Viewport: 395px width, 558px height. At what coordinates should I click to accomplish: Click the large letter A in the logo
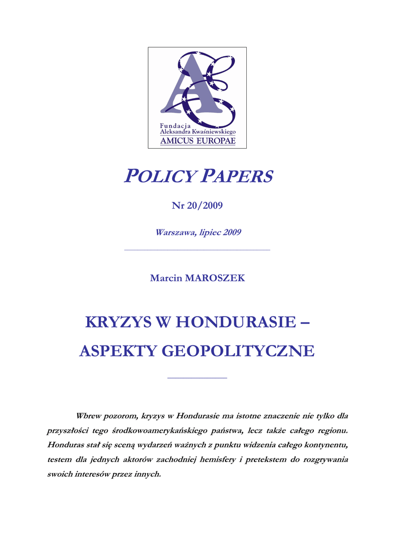(x=188, y=87)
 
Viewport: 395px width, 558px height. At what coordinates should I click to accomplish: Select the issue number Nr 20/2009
(x=197, y=205)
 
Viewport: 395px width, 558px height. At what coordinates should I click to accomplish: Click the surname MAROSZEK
(x=215, y=278)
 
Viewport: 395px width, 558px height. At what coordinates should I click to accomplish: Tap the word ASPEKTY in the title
(x=112, y=351)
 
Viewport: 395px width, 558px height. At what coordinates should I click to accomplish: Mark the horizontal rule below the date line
(x=197, y=250)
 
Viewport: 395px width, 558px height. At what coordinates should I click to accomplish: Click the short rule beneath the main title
(x=197, y=378)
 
